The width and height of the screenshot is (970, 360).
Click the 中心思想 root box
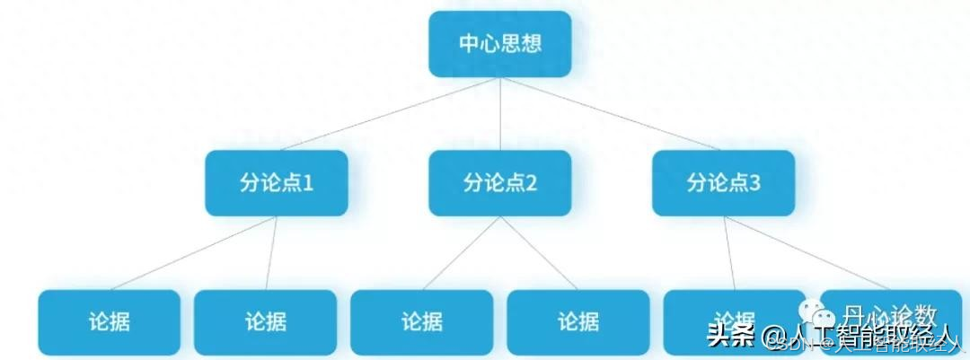(x=499, y=43)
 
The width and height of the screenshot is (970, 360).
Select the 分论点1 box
(x=276, y=183)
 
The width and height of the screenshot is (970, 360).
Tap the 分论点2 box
(x=499, y=183)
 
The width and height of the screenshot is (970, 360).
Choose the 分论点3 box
(x=723, y=183)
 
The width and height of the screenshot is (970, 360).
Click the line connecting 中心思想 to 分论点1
(x=377, y=115)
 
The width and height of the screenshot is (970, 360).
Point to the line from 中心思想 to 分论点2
(x=499, y=114)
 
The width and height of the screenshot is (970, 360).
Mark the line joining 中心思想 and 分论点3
(x=620, y=115)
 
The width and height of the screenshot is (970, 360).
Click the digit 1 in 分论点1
(x=307, y=183)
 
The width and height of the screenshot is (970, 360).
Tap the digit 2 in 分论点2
(x=531, y=183)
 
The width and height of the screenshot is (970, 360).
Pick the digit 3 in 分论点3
(x=754, y=183)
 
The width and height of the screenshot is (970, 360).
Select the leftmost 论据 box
(x=109, y=321)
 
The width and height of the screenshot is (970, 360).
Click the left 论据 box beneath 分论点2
(x=421, y=321)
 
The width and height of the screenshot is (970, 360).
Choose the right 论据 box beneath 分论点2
(x=578, y=321)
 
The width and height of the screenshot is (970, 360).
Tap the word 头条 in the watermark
(x=729, y=337)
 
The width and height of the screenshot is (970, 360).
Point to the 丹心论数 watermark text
(x=889, y=316)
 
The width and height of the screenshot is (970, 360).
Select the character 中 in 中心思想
(x=469, y=43)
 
